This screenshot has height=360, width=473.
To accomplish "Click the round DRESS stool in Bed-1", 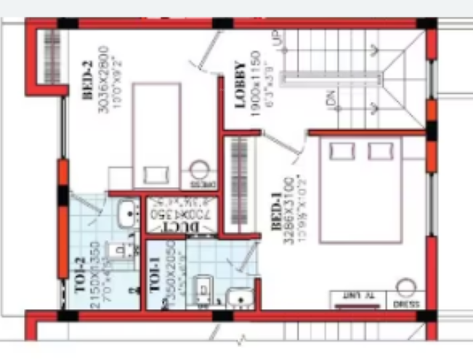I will tap(405, 288).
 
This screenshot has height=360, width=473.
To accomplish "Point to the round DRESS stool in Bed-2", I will tap(199, 172).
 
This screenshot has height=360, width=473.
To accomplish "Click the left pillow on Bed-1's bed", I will tap(340, 151).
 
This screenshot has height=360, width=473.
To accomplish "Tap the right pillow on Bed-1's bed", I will tap(379, 151).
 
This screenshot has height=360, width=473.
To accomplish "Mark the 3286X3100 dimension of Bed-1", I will tap(290, 210).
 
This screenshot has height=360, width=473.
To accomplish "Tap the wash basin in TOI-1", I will tap(239, 297).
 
